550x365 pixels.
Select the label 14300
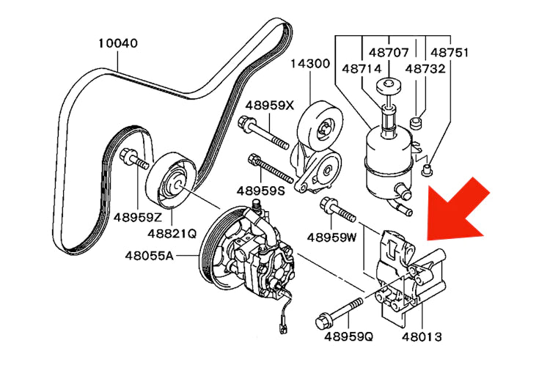[312, 63]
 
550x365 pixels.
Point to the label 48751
[450, 52]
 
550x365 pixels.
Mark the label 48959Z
[137, 218]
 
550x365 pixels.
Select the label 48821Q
[172, 234]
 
